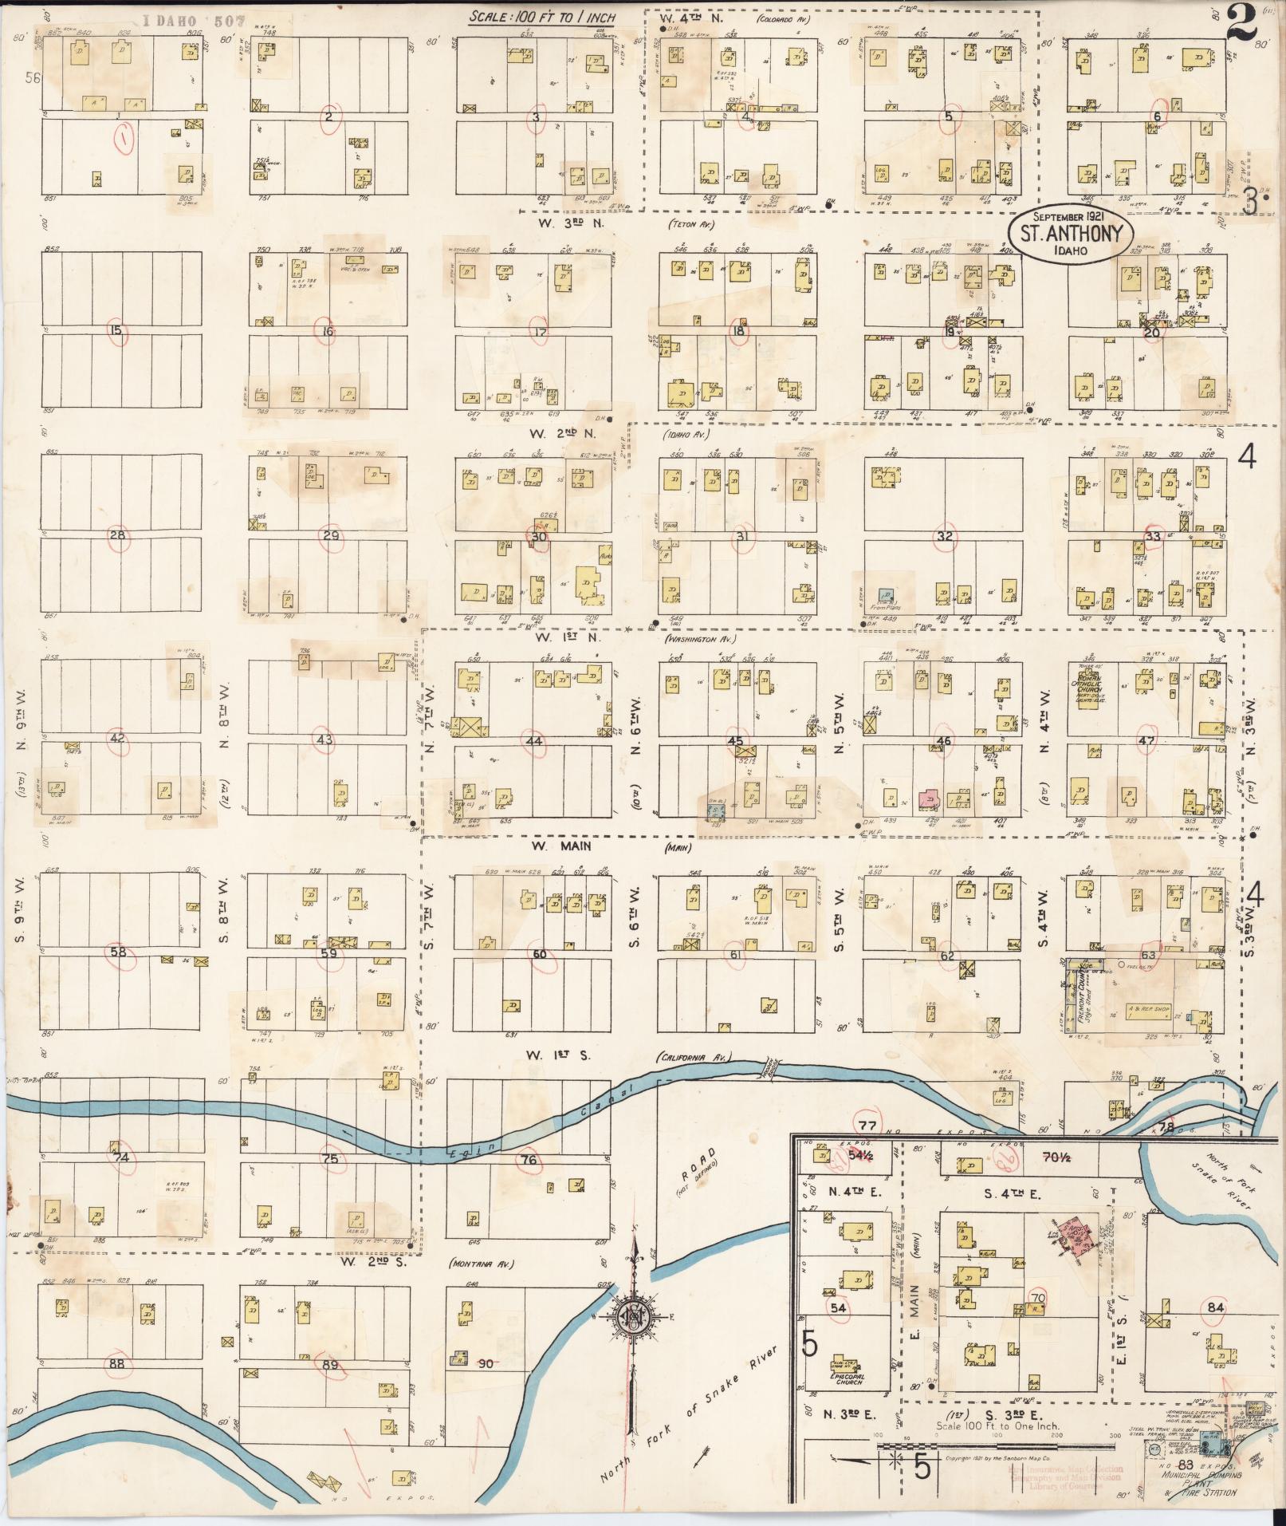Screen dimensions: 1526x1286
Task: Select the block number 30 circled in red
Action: (x=540, y=537)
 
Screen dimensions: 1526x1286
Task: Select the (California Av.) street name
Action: (x=692, y=1057)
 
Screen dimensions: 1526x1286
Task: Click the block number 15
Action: (x=117, y=329)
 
